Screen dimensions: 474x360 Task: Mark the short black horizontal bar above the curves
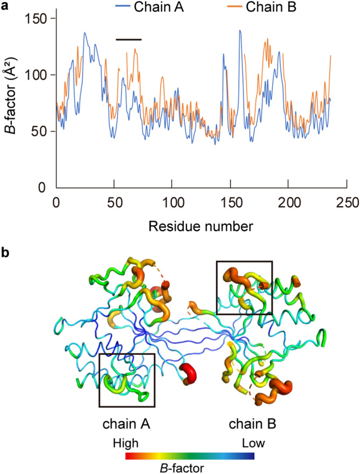tap(128, 39)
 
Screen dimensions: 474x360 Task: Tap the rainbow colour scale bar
tap(190, 456)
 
